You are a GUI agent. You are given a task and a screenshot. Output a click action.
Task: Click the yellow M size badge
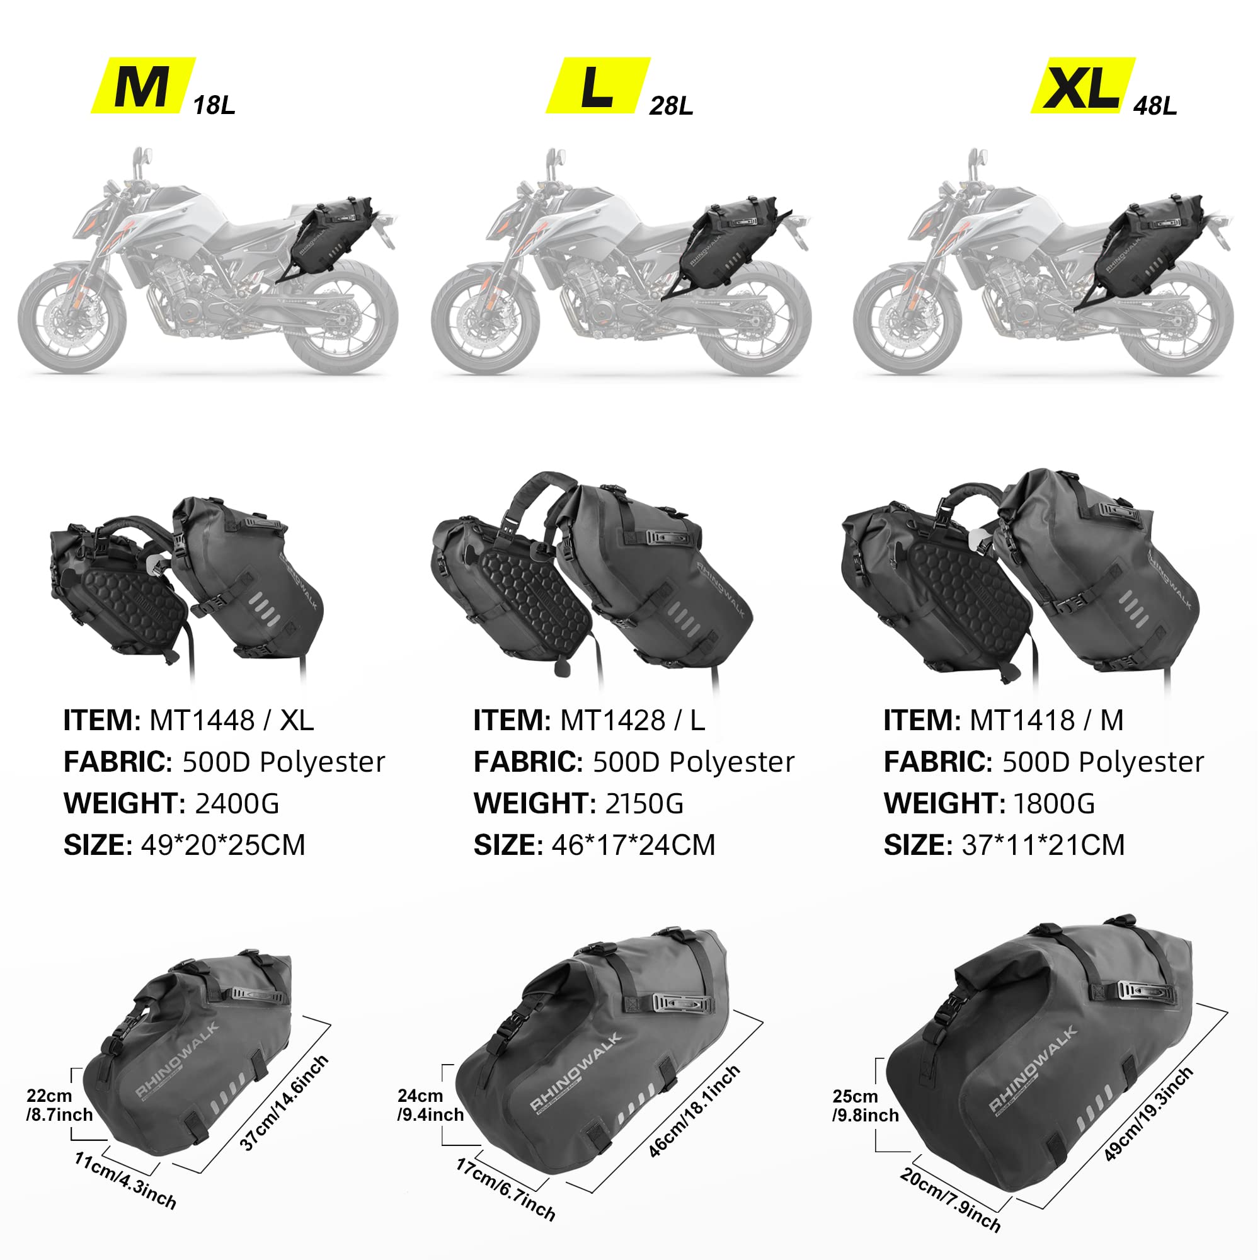click(x=143, y=86)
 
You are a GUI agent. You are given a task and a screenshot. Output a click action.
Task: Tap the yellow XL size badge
click(x=1082, y=86)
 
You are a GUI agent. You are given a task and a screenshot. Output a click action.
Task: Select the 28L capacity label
click(x=670, y=105)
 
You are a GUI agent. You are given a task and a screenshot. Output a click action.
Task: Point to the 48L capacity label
click(x=1155, y=105)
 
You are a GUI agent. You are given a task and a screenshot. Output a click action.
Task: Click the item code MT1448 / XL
click(x=231, y=721)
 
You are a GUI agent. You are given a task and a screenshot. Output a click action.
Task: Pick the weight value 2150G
click(x=644, y=803)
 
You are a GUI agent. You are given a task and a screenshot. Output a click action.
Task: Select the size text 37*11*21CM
click(x=1043, y=845)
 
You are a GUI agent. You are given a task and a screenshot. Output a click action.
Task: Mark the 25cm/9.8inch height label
click(x=865, y=1106)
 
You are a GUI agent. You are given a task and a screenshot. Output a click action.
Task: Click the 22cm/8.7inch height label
click(x=59, y=1106)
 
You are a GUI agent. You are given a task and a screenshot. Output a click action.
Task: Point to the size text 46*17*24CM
click(x=633, y=845)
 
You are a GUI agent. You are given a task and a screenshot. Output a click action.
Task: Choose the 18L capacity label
click(x=214, y=105)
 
